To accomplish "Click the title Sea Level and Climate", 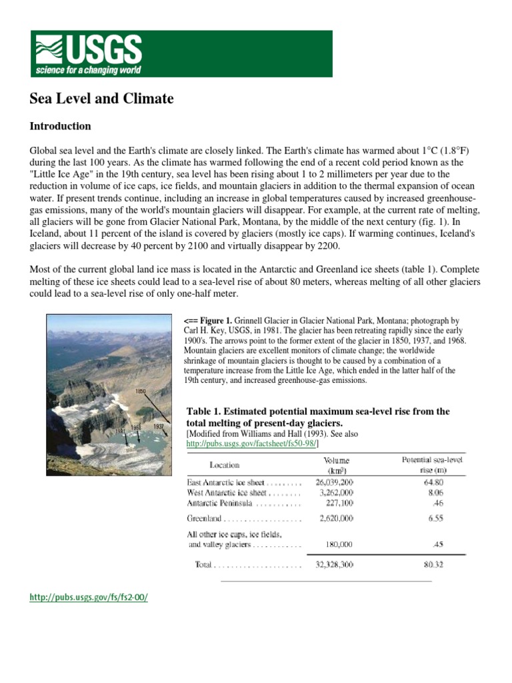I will tap(101, 99).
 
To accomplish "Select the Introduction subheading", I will tap(60, 126).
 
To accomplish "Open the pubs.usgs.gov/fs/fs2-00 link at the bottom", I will tap(88, 597).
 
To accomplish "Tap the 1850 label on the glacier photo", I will tap(140, 391).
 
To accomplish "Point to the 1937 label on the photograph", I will tap(158, 426).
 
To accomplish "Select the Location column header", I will tap(224, 465).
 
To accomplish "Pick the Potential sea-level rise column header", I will tap(432, 464).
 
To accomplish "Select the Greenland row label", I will tap(206, 517).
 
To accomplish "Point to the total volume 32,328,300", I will tap(334, 564).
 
